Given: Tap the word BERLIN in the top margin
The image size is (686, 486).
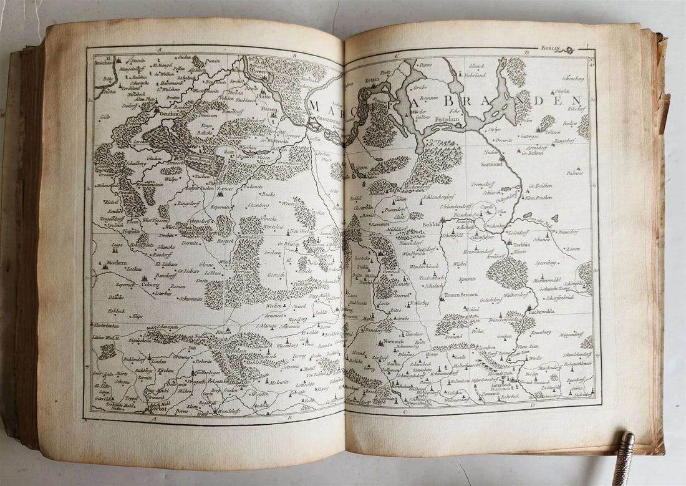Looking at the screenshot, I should click(551, 48).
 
